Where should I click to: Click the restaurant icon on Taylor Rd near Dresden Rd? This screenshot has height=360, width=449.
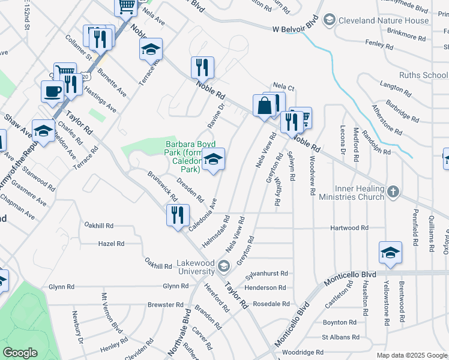[x=178, y=215]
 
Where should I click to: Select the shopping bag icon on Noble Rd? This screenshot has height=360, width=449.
[x=264, y=106]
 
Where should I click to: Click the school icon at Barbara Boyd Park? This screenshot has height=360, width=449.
[x=213, y=160]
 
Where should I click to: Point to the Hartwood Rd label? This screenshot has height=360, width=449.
[x=349, y=228]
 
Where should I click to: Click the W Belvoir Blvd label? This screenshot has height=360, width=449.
[x=294, y=28]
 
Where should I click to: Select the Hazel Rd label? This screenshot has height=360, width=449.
[x=111, y=244]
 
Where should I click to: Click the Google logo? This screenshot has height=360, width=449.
[x=20, y=353]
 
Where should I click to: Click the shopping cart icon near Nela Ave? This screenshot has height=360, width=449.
[x=127, y=6]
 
